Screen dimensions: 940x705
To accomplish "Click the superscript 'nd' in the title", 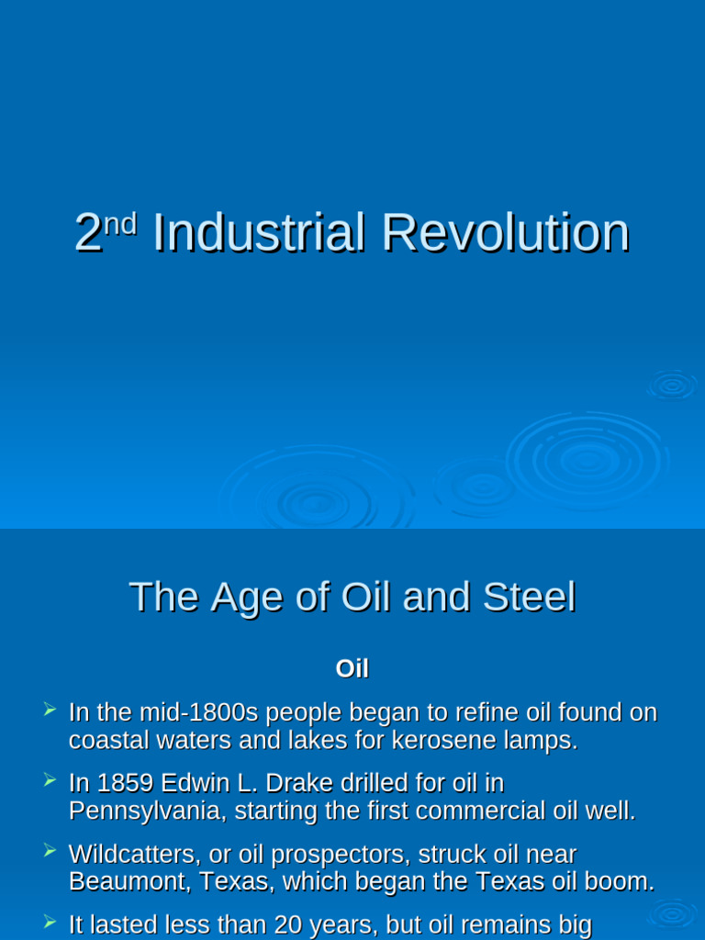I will pos(120,223).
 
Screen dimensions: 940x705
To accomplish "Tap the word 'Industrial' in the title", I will pos(258,233).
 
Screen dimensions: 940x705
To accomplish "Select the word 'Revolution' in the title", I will pos(505,233).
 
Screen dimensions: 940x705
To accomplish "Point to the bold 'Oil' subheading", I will pos(352,669).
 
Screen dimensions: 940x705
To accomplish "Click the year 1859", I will pos(126,783).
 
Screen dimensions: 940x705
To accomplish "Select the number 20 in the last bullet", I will pos(292,925).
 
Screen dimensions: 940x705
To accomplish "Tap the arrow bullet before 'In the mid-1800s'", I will pos(50,709).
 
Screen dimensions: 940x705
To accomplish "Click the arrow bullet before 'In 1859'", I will pos(50,779).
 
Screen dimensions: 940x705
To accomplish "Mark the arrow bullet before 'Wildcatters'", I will pos(50,851).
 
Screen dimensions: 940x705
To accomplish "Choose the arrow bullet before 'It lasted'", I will pos(50,922).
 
